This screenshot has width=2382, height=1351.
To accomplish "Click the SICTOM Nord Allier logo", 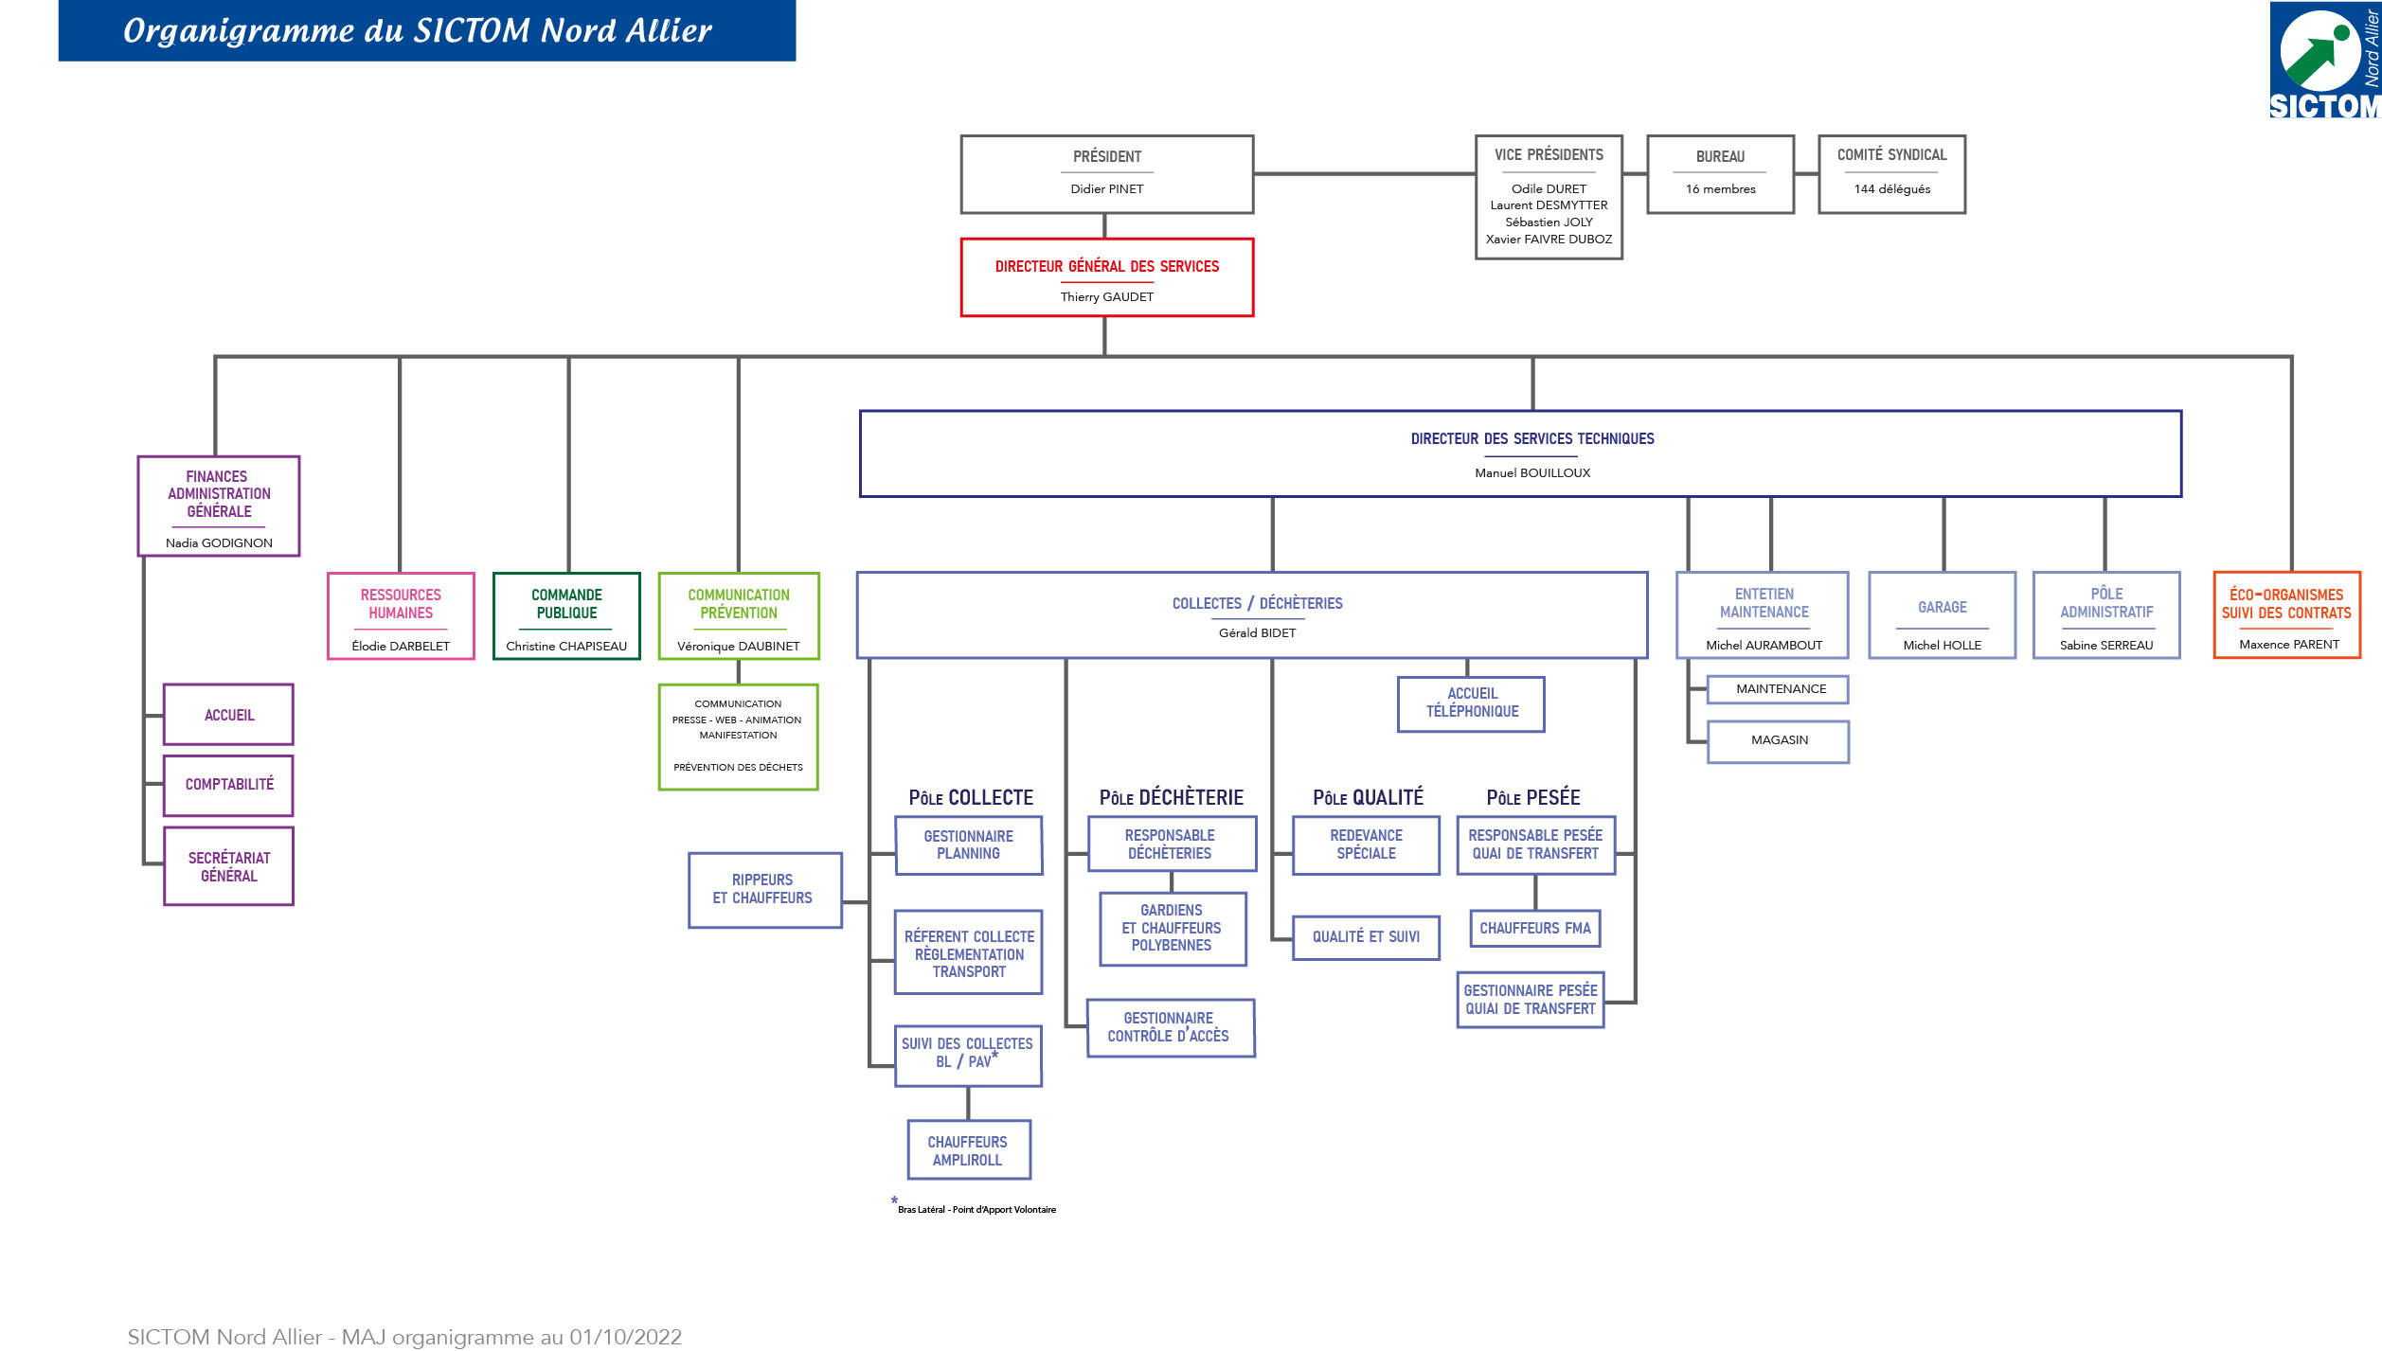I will pos(2324,60).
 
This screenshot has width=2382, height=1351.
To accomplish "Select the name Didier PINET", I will pos(1106,189).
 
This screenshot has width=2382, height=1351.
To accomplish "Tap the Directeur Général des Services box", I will pos(1106,277).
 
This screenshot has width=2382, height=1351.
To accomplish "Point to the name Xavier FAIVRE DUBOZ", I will pos(1549,240).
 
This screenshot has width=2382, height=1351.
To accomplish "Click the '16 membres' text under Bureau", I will pos(1720,189).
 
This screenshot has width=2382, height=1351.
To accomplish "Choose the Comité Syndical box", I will pos(1891,174).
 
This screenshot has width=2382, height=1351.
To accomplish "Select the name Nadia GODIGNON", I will pos(219,543).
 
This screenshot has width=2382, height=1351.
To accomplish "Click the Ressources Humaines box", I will pos(401,616).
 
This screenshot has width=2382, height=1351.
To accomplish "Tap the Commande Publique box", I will pos(566,616).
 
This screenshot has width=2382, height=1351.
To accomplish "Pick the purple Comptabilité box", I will pos(228,785).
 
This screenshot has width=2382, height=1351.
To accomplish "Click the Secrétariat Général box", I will pos(228,866).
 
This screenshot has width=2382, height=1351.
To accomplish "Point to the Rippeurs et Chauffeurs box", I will pos(763,890).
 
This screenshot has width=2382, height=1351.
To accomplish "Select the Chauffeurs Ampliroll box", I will pos(968,1150).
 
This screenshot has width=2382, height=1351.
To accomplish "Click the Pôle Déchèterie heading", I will pos(1171,798).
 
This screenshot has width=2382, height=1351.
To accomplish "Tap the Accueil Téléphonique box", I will pos(1471,703).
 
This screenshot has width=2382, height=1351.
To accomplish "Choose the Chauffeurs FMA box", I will pos(1534,929).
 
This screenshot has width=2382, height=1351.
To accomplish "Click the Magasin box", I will pos(1778,741).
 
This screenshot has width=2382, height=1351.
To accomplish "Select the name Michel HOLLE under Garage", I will pos(1942,646).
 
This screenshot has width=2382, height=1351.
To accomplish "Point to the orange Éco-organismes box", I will pos(2286,615).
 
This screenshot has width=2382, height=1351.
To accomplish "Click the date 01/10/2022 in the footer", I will pos(625,1337).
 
